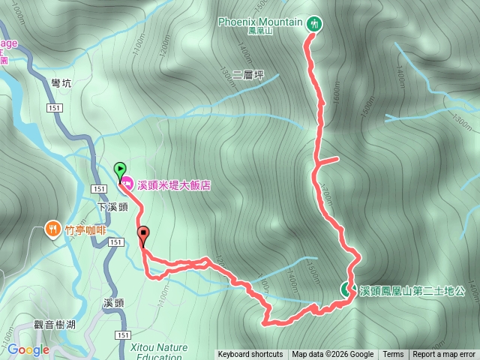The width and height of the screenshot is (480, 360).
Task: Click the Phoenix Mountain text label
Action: click(x=259, y=21)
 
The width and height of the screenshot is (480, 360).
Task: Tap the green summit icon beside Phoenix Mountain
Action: click(x=314, y=24)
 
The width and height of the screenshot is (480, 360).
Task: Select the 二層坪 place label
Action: click(x=250, y=75)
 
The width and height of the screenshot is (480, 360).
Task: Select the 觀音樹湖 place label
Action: click(x=55, y=324)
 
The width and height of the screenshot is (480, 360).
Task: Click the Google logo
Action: click(x=28, y=349)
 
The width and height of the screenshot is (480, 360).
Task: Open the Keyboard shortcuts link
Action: click(x=250, y=355)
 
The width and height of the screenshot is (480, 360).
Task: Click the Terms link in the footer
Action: click(x=393, y=355)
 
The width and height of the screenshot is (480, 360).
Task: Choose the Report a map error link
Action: click(x=444, y=355)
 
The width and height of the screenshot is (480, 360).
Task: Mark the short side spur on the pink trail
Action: click(x=328, y=160)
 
